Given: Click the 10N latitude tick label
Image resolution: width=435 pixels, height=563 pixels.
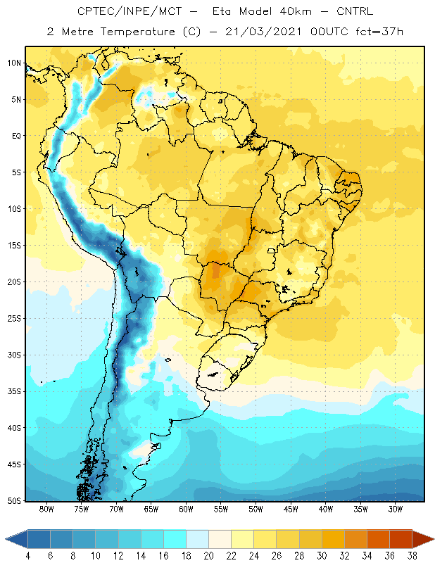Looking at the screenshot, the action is [14, 63].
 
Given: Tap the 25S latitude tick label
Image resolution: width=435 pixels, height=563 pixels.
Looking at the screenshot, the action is [14, 319].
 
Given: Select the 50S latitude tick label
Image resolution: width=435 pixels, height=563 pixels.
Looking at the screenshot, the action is [14, 501].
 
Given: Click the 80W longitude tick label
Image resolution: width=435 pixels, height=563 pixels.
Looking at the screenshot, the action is [46, 509].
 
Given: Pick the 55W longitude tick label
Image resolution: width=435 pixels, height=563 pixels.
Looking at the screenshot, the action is [221, 509].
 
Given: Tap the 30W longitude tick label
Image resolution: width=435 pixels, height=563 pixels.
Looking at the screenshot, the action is [396, 509].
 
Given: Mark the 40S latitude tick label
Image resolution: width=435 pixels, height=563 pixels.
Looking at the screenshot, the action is [14, 428].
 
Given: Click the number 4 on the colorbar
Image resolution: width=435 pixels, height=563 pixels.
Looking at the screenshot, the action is [28, 556].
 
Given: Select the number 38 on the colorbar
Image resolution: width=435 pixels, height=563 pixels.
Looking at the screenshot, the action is [412, 556].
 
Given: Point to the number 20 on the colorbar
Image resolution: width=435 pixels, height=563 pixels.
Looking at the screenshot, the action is [208, 556].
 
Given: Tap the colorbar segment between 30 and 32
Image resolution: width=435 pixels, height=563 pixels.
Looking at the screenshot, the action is [333, 539].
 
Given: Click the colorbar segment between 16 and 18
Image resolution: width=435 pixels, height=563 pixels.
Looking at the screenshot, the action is [175, 539].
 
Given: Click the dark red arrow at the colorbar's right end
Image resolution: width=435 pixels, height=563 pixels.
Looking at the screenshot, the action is [423, 539].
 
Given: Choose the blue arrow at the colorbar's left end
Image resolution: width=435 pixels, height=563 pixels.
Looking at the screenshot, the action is [16, 539].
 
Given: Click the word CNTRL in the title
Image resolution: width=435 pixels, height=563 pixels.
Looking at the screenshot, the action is [355, 11].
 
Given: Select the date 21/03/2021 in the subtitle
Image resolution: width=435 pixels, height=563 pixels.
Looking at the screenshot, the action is [263, 32].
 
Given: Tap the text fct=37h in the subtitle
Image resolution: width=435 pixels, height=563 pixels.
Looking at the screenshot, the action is [379, 32].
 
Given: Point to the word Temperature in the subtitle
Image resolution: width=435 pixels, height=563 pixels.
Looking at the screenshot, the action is [137, 32].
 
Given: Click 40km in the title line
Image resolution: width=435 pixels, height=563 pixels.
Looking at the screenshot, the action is [295, 11].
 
